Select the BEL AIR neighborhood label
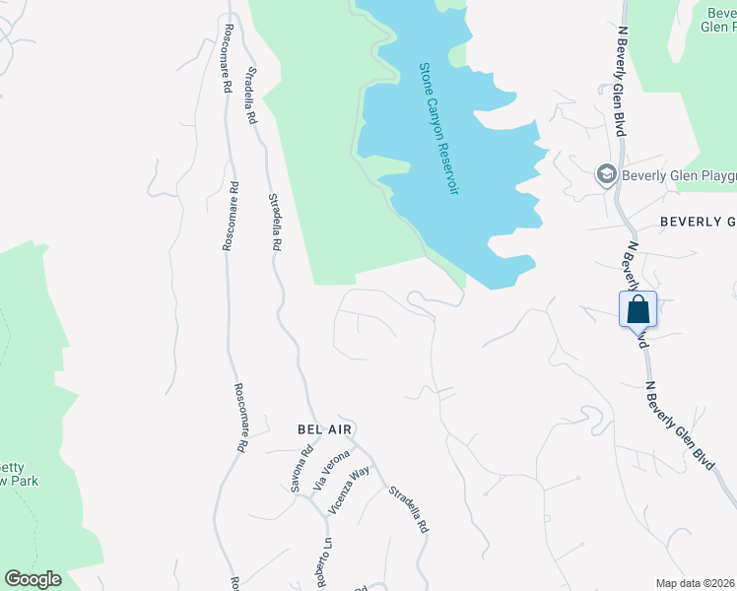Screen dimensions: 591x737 coord(324,429)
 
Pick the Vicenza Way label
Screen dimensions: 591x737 coord(348,490)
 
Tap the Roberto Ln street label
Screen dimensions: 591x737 coord(324,561)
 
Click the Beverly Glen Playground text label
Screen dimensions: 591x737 coord(679,175)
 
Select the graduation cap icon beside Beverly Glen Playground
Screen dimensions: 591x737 coord(606,175)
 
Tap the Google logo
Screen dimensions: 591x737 coord(33,579)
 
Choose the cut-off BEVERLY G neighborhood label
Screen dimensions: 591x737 coord(698,221)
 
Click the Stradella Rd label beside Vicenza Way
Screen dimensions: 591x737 coord(408,509)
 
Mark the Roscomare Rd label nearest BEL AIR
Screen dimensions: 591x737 coord(240,417)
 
